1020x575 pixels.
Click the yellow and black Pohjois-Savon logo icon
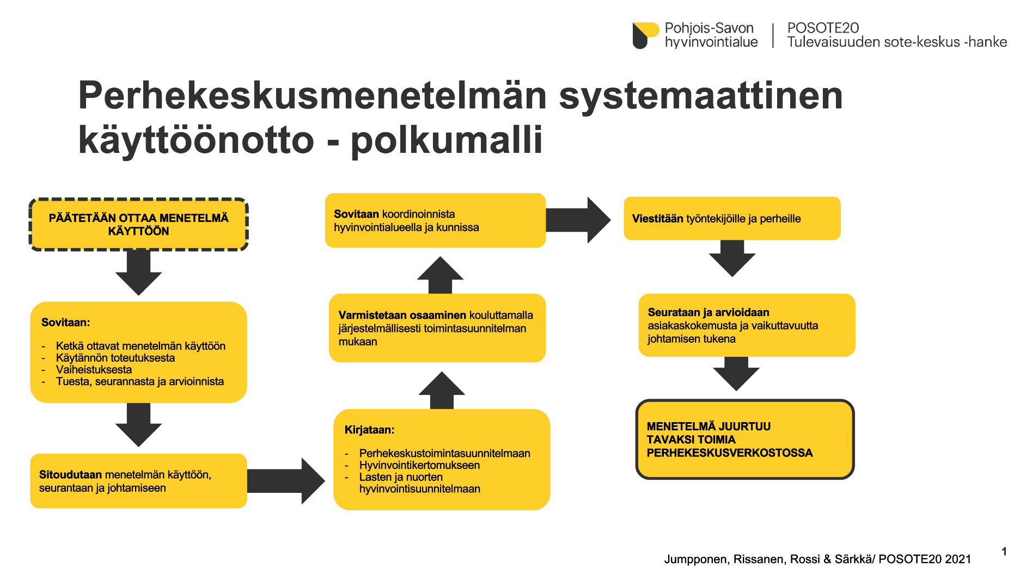pos(645,35)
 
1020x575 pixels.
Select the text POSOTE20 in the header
pos(823,28)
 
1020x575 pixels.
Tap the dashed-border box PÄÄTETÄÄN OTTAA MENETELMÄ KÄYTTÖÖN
pos(139,225)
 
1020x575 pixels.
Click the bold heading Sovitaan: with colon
pos(65,322)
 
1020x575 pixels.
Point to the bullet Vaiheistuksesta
pos(94,369)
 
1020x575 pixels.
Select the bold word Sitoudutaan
pos(70,474)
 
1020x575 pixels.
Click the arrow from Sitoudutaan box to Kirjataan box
pos(286,481)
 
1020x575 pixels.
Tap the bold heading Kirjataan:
pos(369,430)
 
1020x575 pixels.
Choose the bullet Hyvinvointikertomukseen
pos(419,465)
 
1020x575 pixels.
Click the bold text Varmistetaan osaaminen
pos(402,315)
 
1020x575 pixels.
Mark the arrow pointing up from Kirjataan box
pos(442,391)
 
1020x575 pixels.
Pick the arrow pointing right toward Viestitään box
pos(578,220)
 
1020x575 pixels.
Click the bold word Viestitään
pos(657,219)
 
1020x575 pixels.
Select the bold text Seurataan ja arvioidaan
pos(708,312)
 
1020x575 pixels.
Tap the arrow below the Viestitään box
pos(732,258)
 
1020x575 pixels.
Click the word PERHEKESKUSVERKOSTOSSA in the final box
pos(730,453)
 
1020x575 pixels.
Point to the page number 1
pos(1004,552)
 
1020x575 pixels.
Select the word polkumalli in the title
pos(447,140)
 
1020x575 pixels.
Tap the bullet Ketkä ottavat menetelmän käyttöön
pos(141,346)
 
